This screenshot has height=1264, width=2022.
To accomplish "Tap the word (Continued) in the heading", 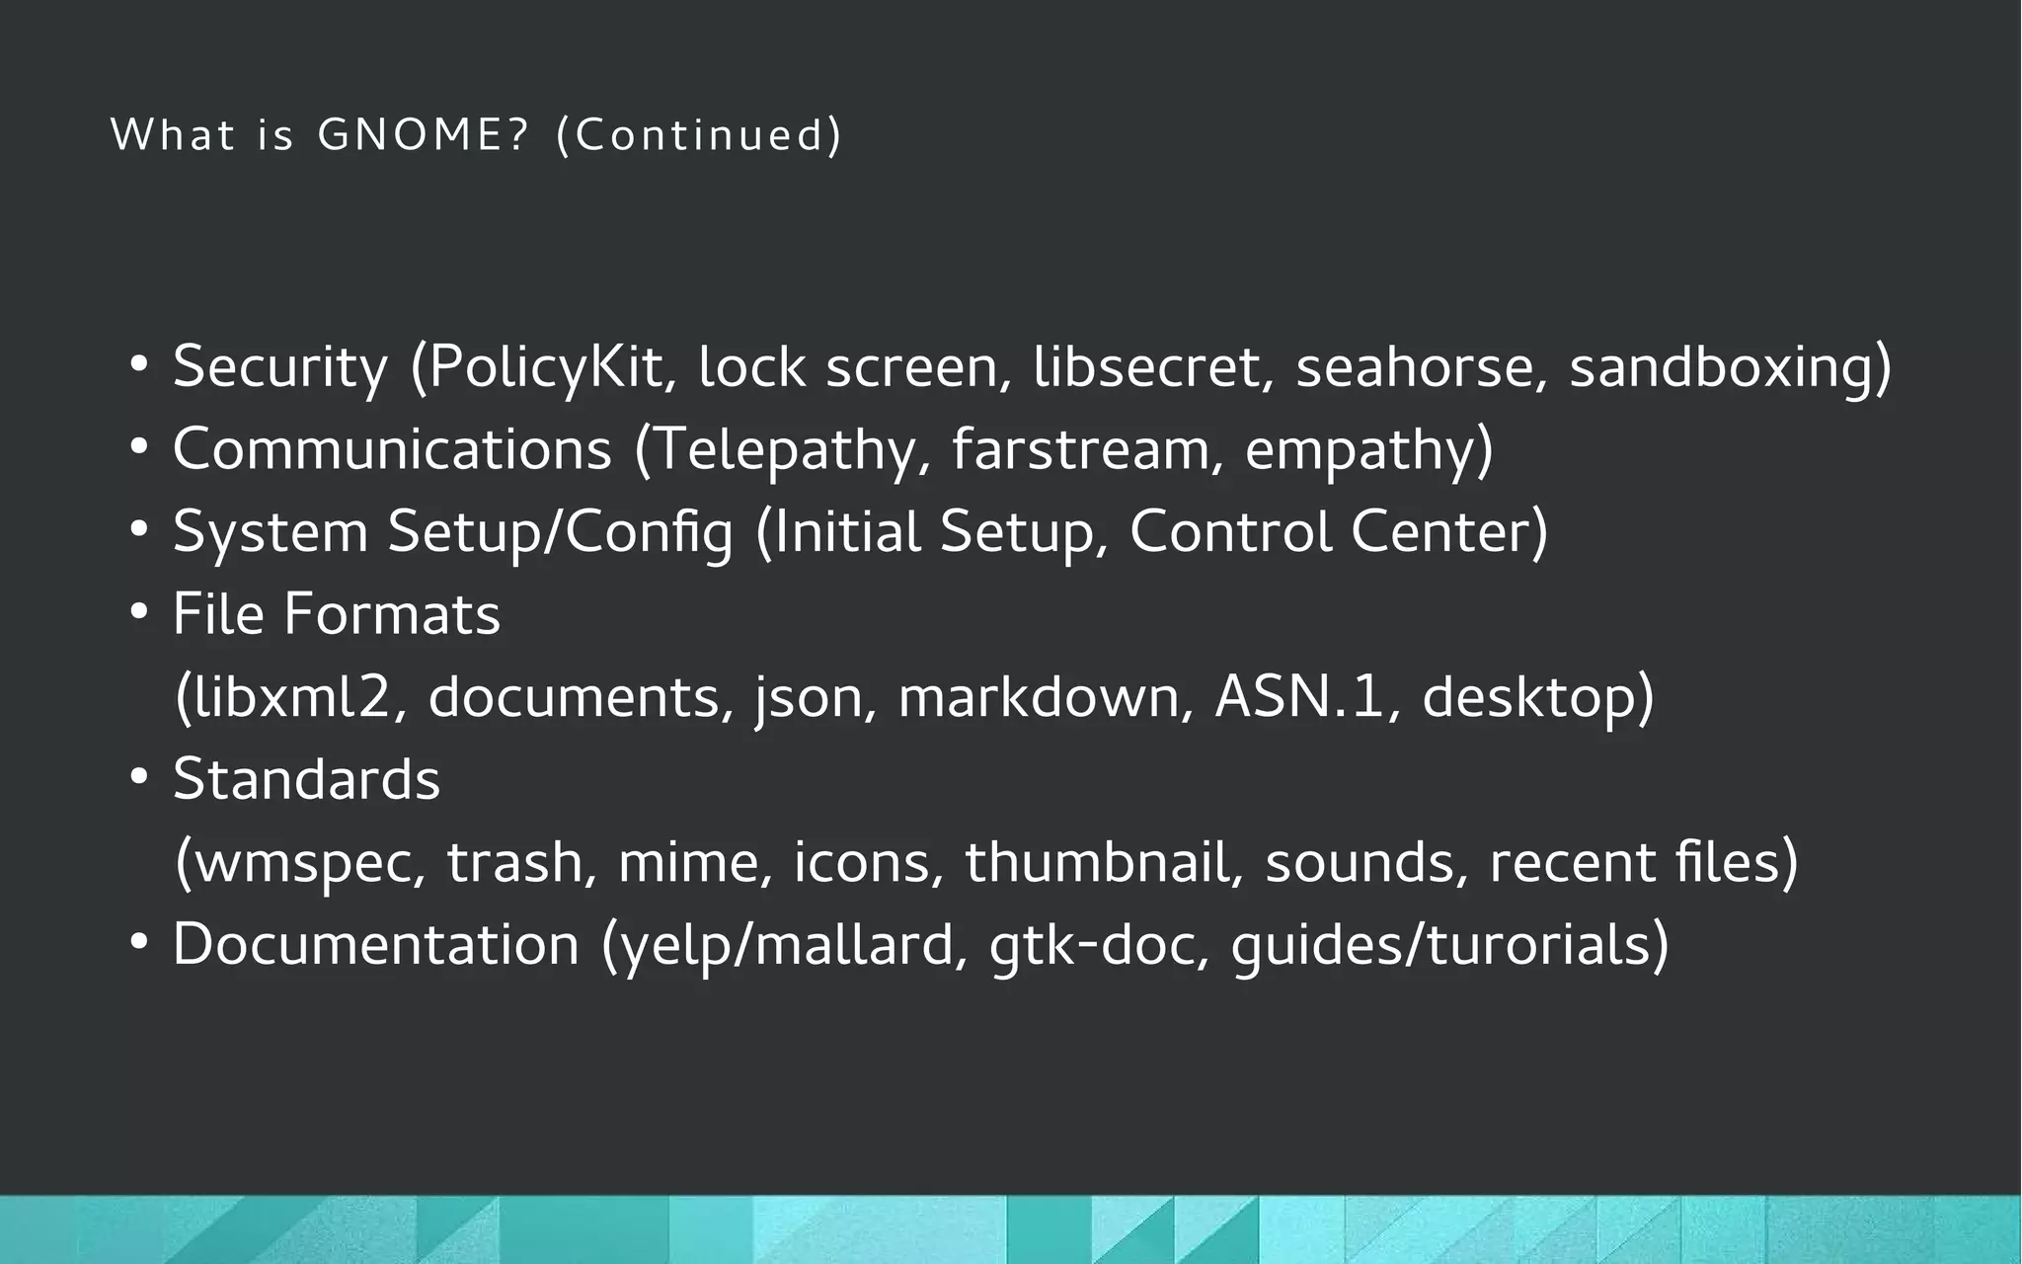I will [x=699, y=135].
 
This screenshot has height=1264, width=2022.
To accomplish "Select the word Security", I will [x=280, y=367].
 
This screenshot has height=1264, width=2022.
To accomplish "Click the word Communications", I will [x=392, y=449].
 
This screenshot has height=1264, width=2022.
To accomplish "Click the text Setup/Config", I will [x=560, y=532].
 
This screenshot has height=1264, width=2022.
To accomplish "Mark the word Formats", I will [x=392, y=614].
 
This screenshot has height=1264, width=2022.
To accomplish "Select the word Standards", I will [x=306, y=779].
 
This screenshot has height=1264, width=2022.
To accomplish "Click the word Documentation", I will [x=375, y=945].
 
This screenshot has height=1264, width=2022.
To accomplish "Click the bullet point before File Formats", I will [x=138, y=613].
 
